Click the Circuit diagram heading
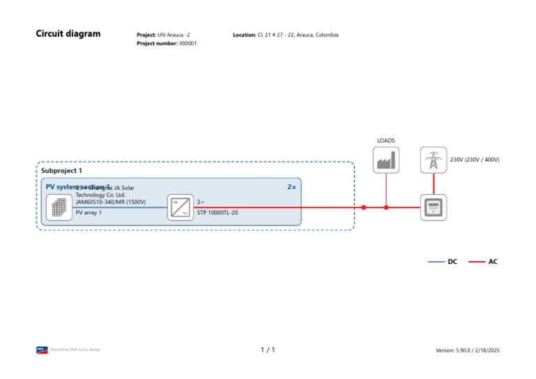tap(68, 34)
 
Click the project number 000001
tap(188, 43)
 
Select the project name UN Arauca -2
tap(174, 35)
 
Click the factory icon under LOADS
tap(386, 161)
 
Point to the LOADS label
tap(386, 140)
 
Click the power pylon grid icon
tap(433, 160)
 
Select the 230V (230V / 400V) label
tap(475, 160)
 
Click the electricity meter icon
tap(433, 207)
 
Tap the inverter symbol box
tap(181, 207)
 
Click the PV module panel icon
tap(59, 207)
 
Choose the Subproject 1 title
tap(61, 170)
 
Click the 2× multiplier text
tap(292, 187)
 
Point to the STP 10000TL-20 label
tap(218, 212)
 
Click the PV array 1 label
tap(89, 212)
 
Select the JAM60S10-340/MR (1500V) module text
tap(110, 202)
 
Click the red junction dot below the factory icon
tap(386, 207)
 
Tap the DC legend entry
tap(452, 262)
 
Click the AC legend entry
tap(493, 262)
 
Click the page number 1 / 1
tap(268, 350)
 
